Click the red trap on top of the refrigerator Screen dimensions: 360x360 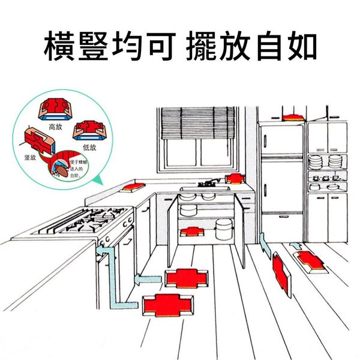point(292,116)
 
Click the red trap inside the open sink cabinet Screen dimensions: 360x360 point(191,231)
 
